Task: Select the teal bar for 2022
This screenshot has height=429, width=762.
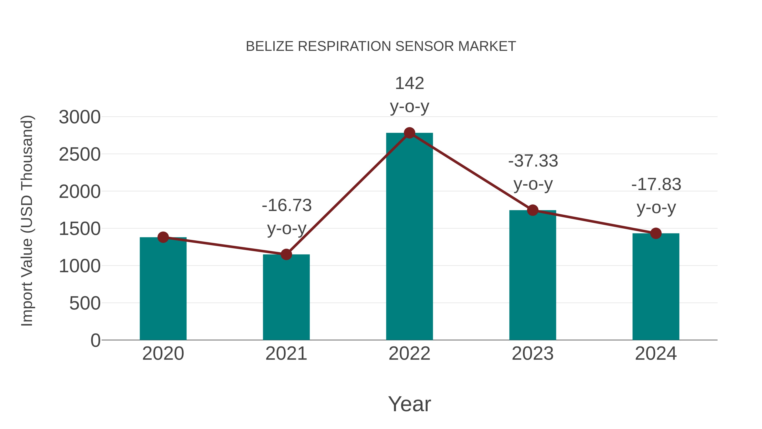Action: click(409, 237)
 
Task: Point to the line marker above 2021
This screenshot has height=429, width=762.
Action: click(286, 254)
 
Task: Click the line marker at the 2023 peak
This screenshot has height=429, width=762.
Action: click(533, 210)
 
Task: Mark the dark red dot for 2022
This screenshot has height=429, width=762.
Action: click(409, 133)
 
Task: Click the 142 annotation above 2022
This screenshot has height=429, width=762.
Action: click(409, 83)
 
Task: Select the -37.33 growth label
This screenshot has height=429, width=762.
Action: click(533, 161)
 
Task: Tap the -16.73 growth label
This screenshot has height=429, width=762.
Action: click(287, 205)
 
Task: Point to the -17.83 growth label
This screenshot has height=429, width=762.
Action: click(656, 185)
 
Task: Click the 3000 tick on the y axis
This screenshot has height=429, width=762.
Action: click(80, 117)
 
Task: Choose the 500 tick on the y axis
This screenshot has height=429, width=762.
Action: click(85, 303)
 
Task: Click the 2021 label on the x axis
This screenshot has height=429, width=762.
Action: click(286, 354)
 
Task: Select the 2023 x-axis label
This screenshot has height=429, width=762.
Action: click(533, 354)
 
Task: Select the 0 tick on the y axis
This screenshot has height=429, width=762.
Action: click(95, 340)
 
